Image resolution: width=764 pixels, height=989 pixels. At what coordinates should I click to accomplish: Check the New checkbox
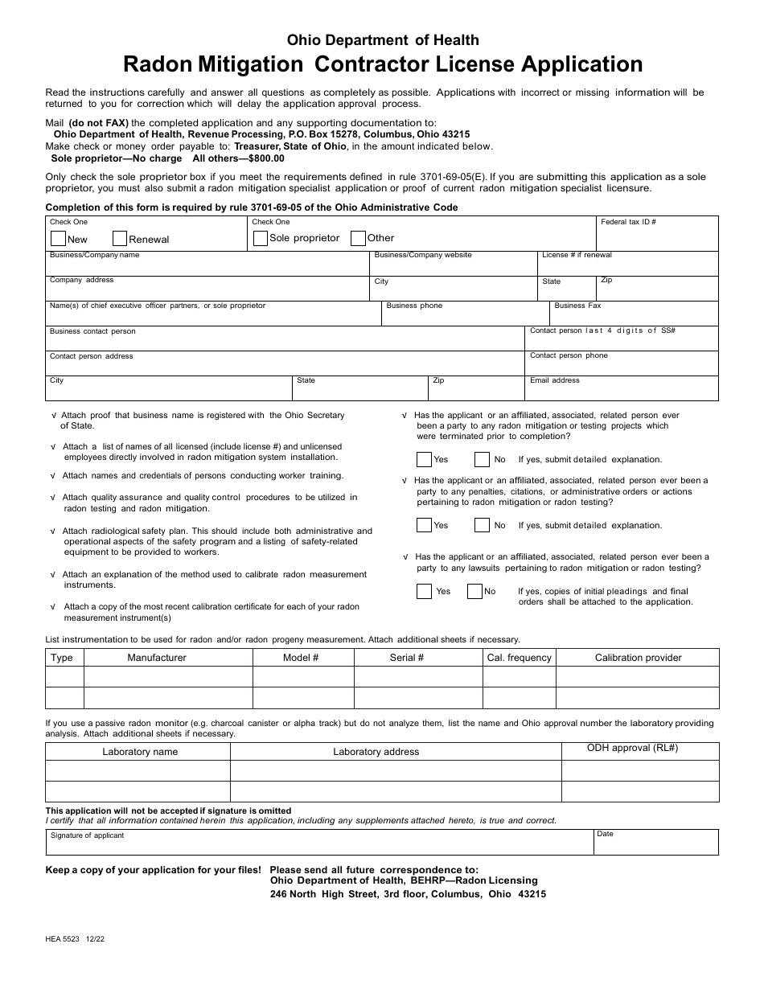point(58,238)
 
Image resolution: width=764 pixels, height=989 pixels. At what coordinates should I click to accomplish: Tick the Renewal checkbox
point(120,238)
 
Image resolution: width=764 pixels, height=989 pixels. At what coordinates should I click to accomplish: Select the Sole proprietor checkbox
point(260,238)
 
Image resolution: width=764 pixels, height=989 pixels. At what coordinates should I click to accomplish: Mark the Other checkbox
point(359,238)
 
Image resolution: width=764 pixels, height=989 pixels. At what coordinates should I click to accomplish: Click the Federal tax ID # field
point(658,238)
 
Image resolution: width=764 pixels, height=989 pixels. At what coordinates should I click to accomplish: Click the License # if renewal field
point(627,268)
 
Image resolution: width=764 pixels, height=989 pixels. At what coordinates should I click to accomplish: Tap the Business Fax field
point(634,317)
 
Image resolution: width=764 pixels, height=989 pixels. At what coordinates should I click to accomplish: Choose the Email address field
point(622,392)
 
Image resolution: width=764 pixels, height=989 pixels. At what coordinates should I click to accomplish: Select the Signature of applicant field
point(319,845)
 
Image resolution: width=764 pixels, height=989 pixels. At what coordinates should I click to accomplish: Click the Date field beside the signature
point(655,845)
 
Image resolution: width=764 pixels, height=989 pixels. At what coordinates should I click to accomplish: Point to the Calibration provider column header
point(638,658)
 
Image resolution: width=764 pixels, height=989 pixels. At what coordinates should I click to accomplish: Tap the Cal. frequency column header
point(520,658)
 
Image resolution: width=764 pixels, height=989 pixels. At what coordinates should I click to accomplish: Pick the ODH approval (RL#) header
point(632,749)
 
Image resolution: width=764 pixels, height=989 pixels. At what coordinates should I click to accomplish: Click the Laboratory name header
point(140,752)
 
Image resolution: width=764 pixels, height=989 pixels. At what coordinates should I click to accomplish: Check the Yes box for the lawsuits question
point(424,592)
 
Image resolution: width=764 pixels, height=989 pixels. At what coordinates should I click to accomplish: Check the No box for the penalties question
point(482,525)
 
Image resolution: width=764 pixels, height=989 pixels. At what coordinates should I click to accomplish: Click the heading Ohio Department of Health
point(383,40)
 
